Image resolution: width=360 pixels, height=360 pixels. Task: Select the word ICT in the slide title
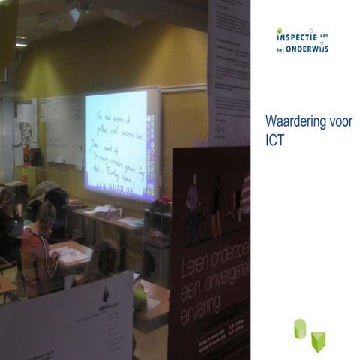[274, 140]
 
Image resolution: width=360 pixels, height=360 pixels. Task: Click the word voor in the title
[337, 122]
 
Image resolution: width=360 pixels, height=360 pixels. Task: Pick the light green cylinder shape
[300, 328]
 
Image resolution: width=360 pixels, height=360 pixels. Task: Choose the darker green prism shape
[318, 341]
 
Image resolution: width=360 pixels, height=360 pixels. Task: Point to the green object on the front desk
[139, 298]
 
